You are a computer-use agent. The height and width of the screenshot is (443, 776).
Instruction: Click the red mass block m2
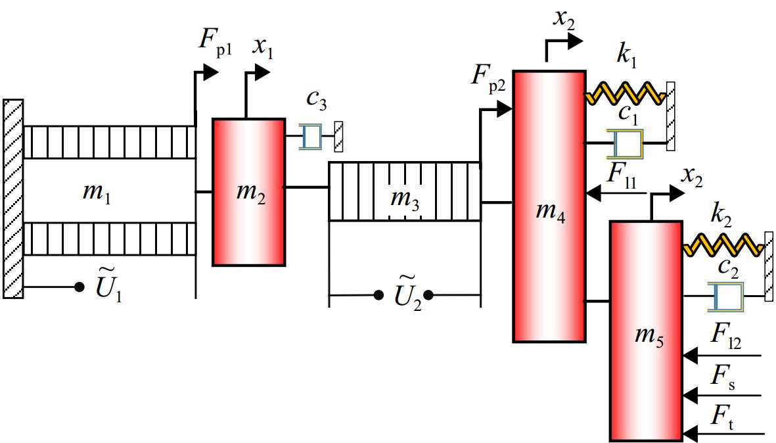(x=249, y=192)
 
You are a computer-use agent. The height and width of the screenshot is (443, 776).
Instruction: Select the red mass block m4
(x=549, y=206)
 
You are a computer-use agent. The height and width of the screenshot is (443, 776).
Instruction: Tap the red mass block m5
(x=647, y=331)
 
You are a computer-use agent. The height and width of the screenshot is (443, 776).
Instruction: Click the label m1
(x=97, y=191)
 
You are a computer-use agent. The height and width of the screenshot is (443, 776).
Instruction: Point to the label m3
(x=405, y=199)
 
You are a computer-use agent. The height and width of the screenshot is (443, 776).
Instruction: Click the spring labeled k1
(x=626, y=93)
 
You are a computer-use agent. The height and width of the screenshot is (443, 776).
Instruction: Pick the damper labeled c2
(x=725, y=296)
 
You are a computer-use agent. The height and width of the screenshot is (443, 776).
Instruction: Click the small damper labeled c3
(x=311, y=136)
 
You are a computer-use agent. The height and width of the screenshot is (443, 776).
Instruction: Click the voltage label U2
(x=408, y=293)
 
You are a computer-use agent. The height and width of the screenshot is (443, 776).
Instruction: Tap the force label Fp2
(x=489, y=79)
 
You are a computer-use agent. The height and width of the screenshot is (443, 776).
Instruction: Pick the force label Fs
(x=723, y=377)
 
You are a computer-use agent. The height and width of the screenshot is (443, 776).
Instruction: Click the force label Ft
(x=722, y=417)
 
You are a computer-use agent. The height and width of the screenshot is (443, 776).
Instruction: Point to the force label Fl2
(x=726, y=336)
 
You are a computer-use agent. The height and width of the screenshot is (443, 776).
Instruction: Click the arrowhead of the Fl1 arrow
(x=593, y=193)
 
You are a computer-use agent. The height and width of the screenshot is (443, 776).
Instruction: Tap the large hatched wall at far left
(x=13, y=198)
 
